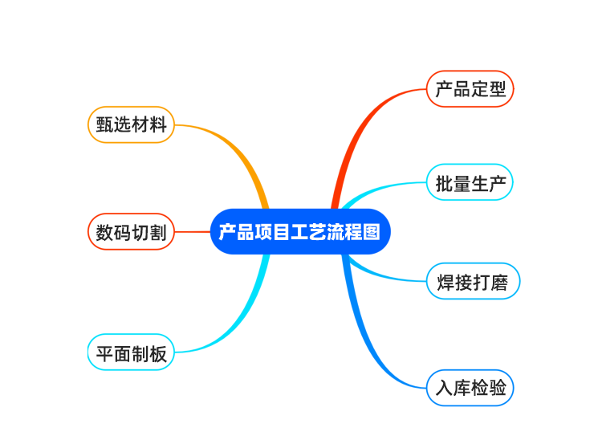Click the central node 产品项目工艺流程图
[x=299, y=232]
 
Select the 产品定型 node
[x=470, y=88]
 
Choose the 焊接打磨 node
[x=473, y=281]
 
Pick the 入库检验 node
[x=470, y=388]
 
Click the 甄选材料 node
[x=130, y=125]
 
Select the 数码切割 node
[x=130, y=232]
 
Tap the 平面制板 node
[x=130, y=352]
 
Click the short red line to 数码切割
[x=192, y=232]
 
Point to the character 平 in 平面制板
[x=104, y=352]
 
